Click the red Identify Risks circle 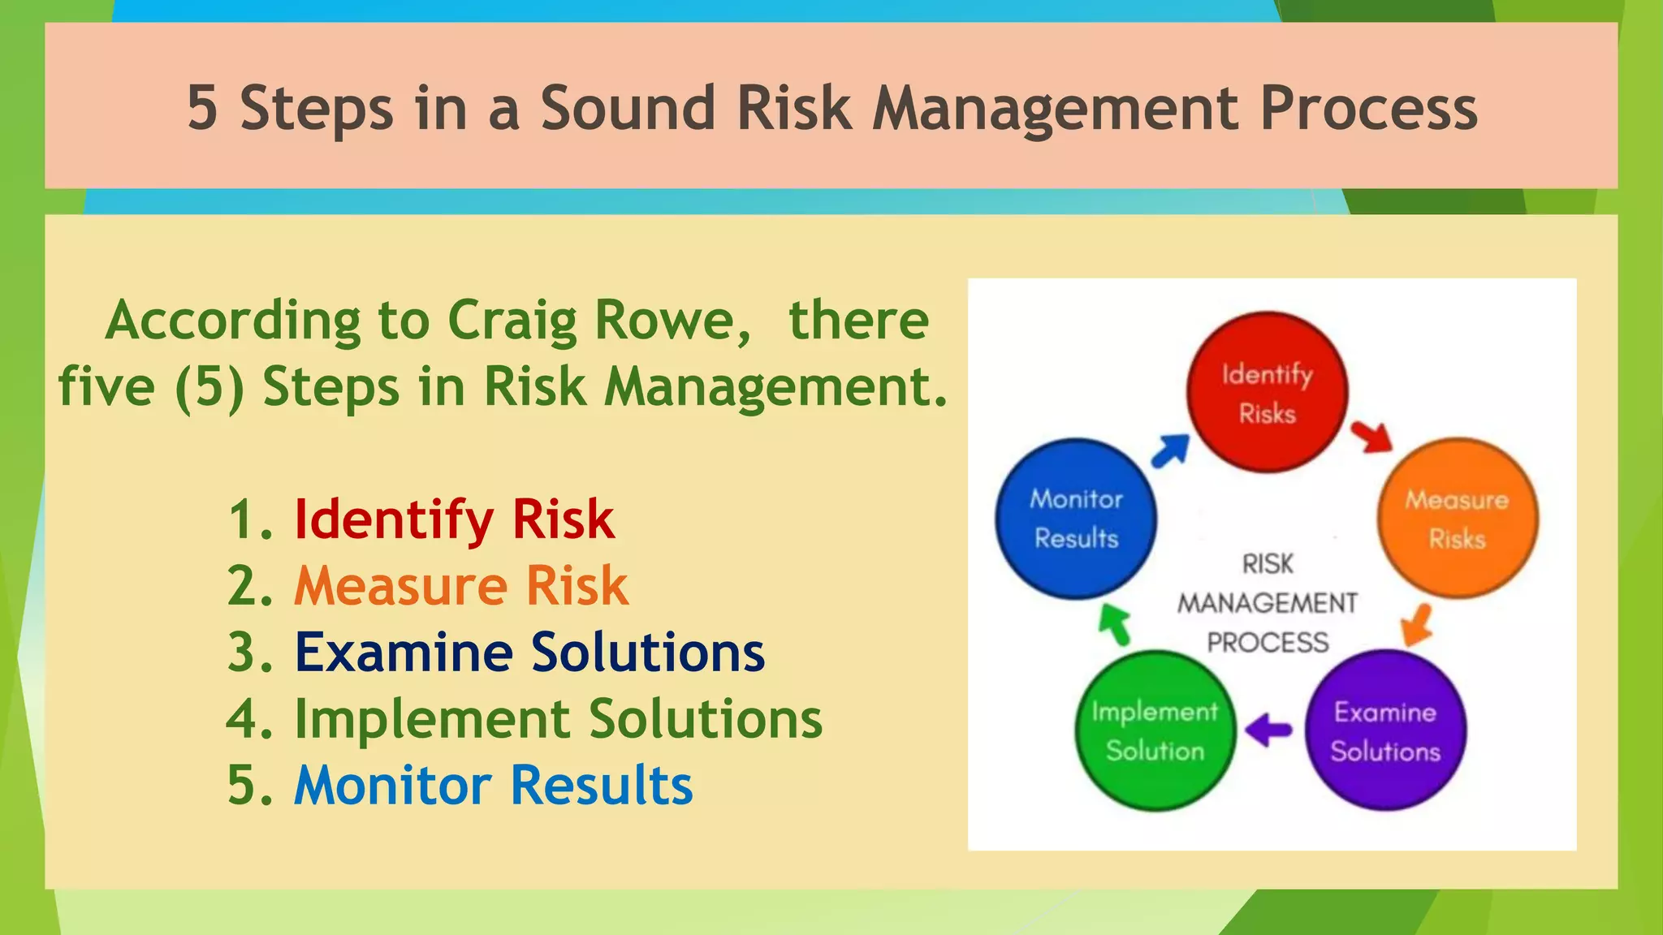(1267, 392)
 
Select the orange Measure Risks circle (1458, 519)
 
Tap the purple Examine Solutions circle (1385, 730)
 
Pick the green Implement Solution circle (1155, 730)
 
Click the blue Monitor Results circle (1076, 519)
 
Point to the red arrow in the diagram (1371, 437)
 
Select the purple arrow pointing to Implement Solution (1268, 729)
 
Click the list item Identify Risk (453, 519)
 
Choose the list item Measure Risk (460, 585)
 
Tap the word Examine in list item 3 (404, 652)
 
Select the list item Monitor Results (493, 785)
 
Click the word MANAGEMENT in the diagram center (1267, 603)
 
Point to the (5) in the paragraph (209, 386)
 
